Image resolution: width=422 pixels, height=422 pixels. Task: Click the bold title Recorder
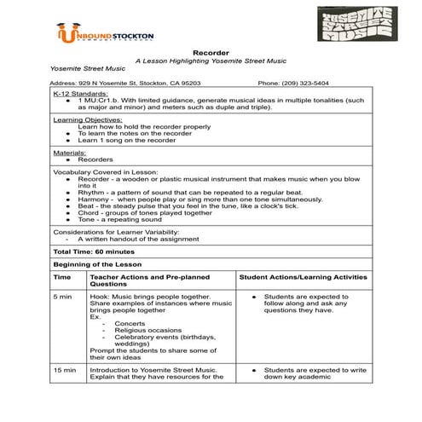[x=211, y=53]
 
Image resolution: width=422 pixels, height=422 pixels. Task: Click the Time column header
[x=62, y=278]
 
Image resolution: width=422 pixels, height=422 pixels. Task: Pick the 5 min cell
[x=63, y=296]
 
